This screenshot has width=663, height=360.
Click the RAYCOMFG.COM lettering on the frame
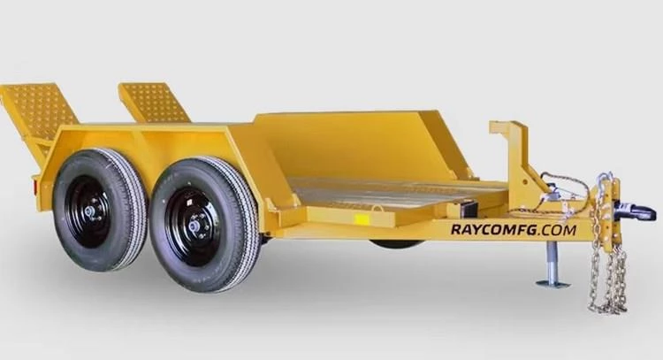(x=513, y=230)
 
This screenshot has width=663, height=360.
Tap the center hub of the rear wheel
(x=90, y=211)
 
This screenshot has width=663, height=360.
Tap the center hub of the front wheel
(x=194, y=226)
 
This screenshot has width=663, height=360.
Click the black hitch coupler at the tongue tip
(x=634, y=211)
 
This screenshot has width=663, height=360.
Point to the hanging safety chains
(x=607, y=265)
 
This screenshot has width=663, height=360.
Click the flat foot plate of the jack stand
(x=552, y=283)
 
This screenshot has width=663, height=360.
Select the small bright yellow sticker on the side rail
(x=362, y=218)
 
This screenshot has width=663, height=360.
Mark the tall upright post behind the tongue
(x=510, y=150)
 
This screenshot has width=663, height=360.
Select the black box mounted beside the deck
(x=469, y=210)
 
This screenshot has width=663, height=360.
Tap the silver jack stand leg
(x=552, y=261)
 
